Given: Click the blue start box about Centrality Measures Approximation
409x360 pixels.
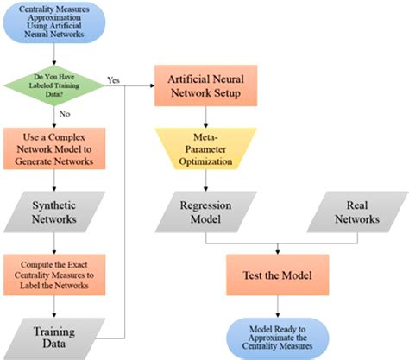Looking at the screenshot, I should [55, 24].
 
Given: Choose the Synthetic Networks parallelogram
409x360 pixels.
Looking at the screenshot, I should [55, 212].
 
